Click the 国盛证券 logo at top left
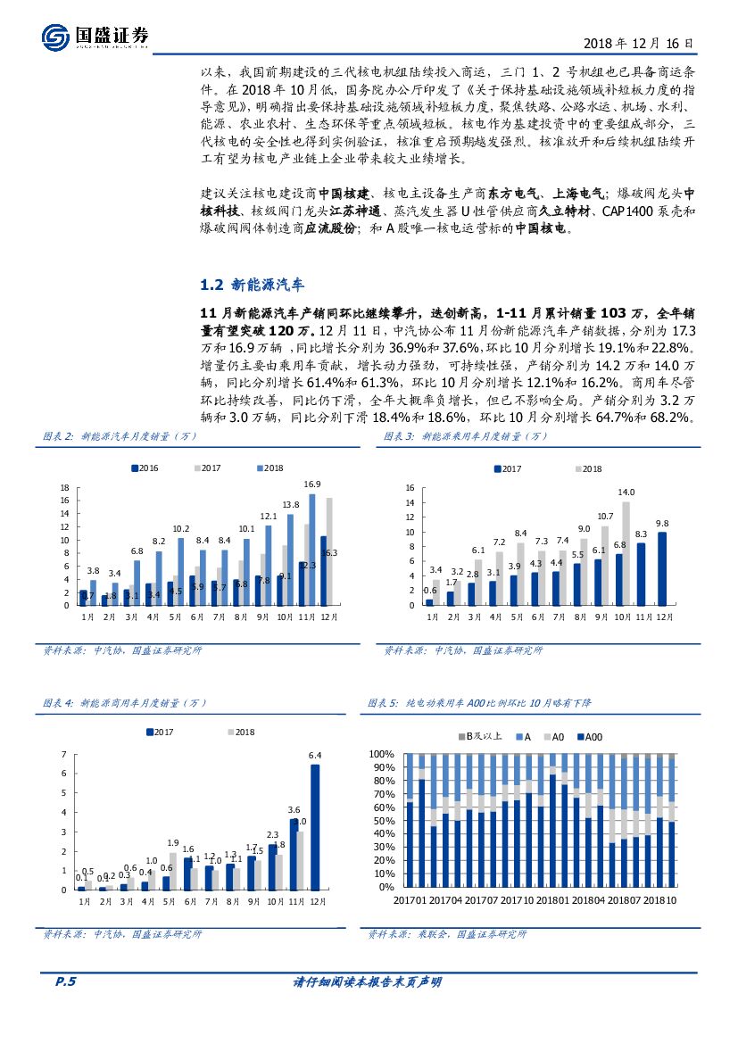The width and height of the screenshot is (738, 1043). [x=95, y=37]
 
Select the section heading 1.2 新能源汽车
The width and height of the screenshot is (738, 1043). [x=253, y=286]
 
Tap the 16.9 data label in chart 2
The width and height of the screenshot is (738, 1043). [x=311, y=484]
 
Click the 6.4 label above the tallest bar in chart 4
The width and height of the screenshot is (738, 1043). [x=314, y=756]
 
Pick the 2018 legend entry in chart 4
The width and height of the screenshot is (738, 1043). [x=240, y=732]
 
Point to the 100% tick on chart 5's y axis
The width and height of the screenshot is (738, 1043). [x=382, y=754]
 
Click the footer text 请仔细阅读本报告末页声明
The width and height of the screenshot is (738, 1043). [x=368, y=982]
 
